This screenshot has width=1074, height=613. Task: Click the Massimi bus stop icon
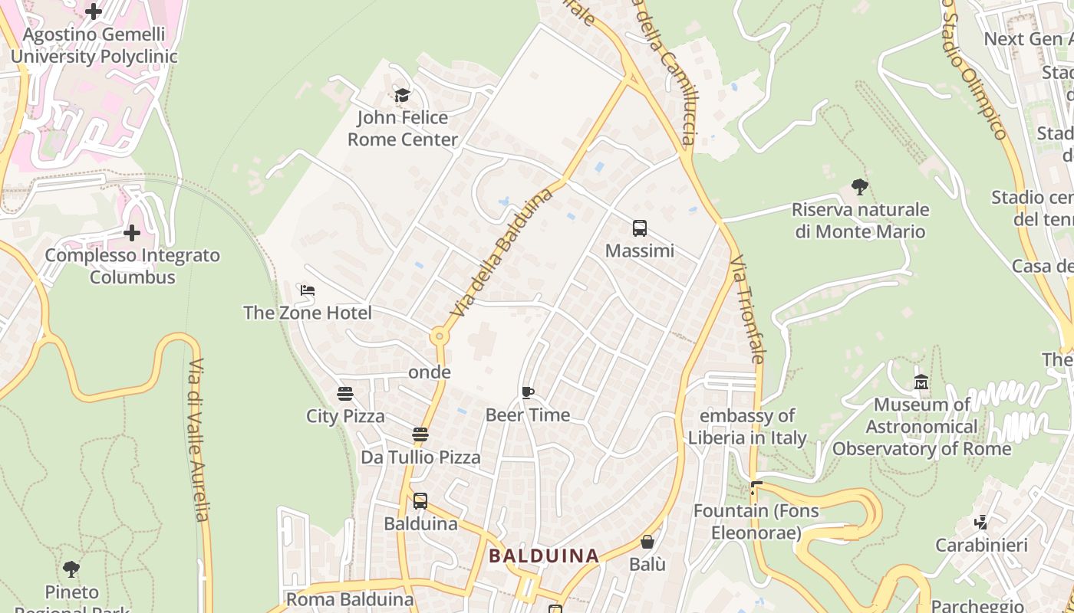[640, 228]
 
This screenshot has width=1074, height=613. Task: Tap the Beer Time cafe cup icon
[528, 393]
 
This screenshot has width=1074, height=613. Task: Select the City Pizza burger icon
[345, 394]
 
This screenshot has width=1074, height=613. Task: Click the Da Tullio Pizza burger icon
[420, 434]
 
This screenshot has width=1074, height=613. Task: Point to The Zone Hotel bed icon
[308, 290]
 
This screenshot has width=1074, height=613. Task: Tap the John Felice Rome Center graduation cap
[402, 95]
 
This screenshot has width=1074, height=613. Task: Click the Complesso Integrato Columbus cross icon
[132, 232]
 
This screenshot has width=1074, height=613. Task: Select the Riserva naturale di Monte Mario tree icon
[860, 186]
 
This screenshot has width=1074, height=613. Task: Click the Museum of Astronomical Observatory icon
[921, 382]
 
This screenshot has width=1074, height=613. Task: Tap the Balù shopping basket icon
[647, 542]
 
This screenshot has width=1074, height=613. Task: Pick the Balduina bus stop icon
[420, 501]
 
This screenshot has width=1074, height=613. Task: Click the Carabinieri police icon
[980, 523]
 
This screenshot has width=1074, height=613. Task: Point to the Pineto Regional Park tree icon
[71, 569]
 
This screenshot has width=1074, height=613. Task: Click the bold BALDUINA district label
[544, 556]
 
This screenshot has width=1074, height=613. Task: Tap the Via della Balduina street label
[502, 253]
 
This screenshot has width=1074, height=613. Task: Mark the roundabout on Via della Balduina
[439, 336]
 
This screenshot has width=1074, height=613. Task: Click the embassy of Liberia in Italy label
[747, 427]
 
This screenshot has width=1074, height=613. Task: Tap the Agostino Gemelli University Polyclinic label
[94, 45]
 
